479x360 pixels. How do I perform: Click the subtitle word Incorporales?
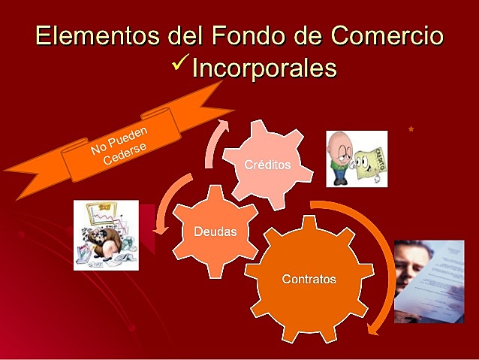(264, 68)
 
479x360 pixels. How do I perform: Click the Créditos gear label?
(267, 164)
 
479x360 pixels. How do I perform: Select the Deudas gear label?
(215, 231)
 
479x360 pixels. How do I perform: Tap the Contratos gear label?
(309, 279)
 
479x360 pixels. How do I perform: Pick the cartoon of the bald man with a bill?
(357, 159)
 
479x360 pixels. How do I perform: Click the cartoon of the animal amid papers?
(106, 234)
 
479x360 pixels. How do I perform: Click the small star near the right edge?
(411, 129)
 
